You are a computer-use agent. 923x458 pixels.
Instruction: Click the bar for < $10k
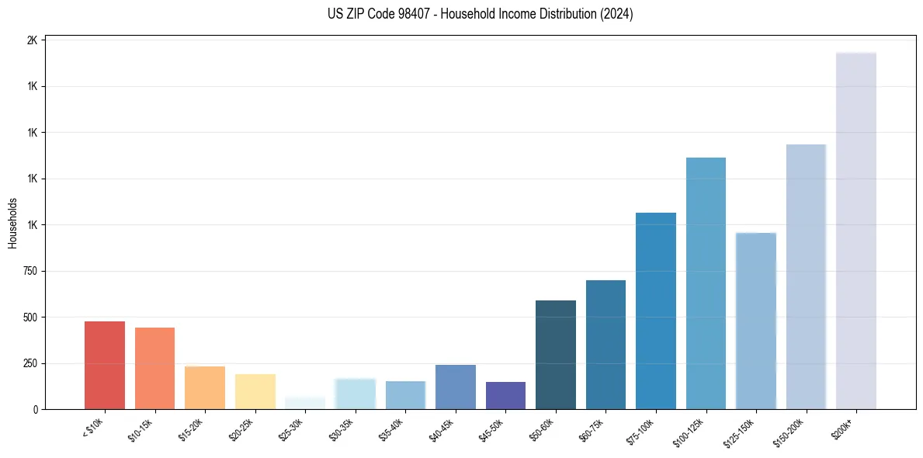pyautogui.click(x=104, y=365)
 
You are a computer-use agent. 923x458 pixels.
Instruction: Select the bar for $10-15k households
pyautogui.click(x=154, y=368)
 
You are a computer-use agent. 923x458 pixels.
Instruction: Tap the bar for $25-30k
pyautogui.click(x=304, y=403)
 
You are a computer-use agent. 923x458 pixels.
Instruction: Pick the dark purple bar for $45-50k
pyautogui.click(x=505, y=395)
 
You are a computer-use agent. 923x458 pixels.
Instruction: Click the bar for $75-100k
pyautogui.click(x=655, y=311)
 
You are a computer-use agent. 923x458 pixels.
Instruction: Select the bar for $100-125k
pyautogui.click(x=706, y=283)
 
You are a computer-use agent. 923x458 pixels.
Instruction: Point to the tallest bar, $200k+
pyautogui.click(x=855, y=231)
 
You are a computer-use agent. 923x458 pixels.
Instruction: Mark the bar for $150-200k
pyautogui.click(x=806, y=276)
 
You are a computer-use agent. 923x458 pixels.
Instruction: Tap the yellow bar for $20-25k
pyautogui.click(x=255, y=391)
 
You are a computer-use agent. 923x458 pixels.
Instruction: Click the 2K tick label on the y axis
pyautogui.click(x=32, y=40)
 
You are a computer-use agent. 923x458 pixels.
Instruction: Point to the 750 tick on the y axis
pyautogui.click(x=29, y=271)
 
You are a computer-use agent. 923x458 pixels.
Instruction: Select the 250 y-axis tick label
pyautogui.click(x=29, y=363)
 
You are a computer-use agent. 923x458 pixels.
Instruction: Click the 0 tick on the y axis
pyautogui.click(x=36, y=409)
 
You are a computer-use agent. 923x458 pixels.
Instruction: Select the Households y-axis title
pyautogui.click(x=12, y=223)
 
